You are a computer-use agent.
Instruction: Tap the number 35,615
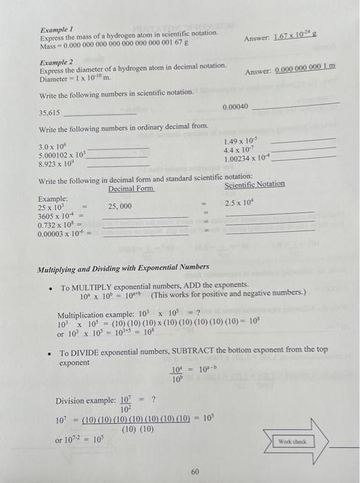(x=50, y=112)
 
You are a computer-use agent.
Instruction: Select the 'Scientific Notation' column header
(x=254, y=184)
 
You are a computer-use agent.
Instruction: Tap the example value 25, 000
(x=120, y=206)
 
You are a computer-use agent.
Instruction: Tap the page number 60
(x=195, y=471)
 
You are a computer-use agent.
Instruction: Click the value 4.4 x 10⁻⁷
(x=240, y=150)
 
